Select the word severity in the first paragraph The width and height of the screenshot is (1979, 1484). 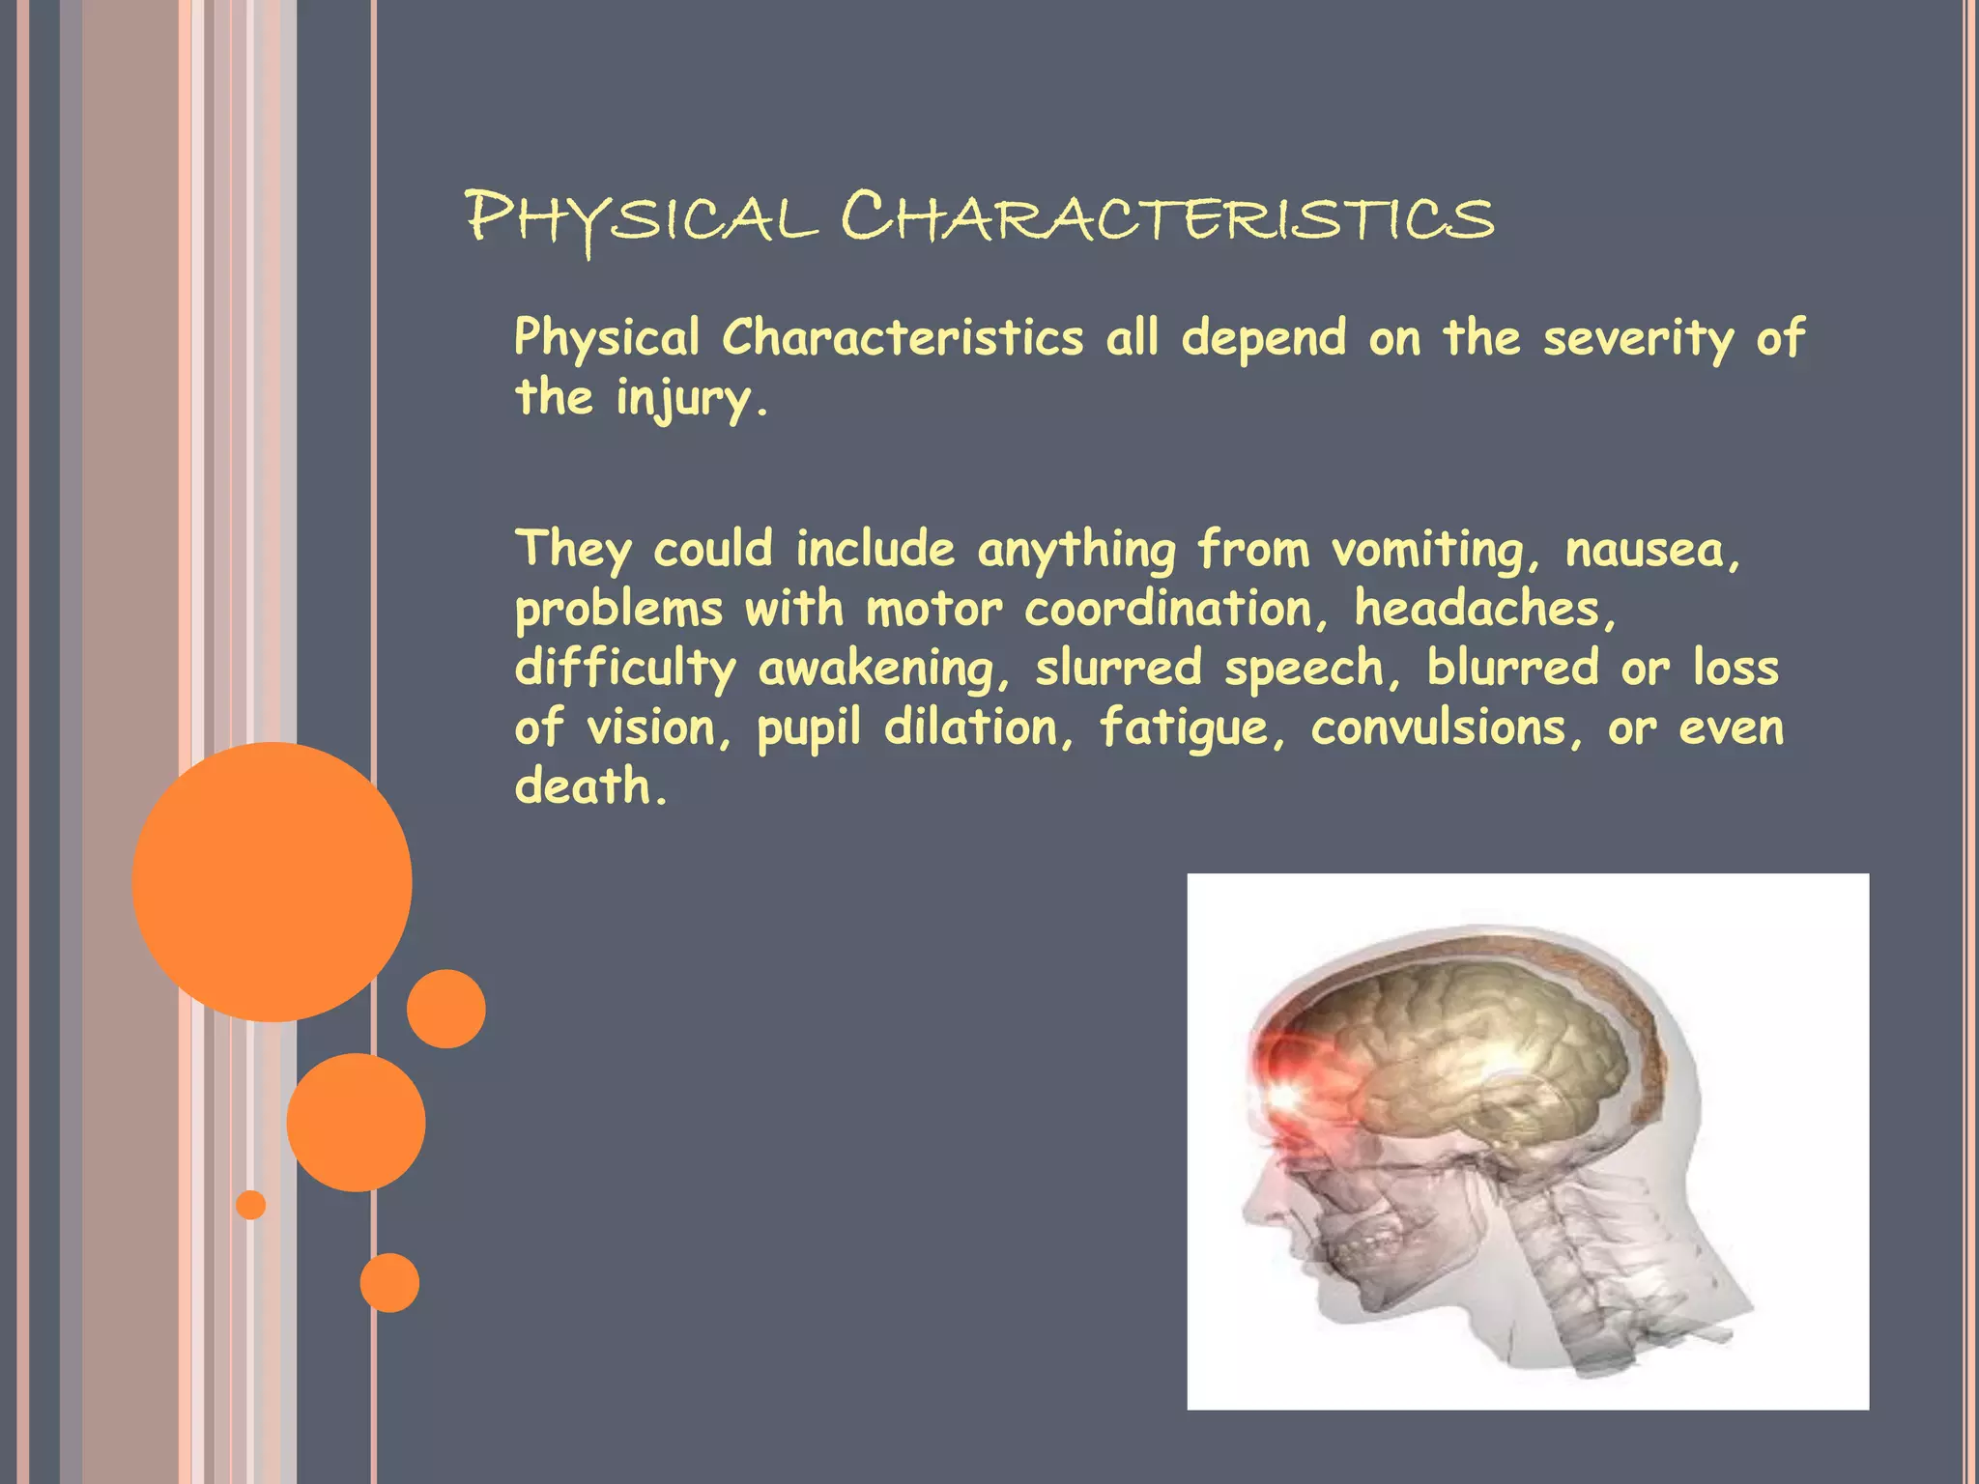pos(1638,339)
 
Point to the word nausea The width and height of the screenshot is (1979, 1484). pos(1650,551)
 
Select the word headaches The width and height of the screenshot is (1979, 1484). pos(1482,610)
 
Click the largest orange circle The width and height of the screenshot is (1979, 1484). pos(272,881)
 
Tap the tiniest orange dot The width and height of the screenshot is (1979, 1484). pos(250,1204)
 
